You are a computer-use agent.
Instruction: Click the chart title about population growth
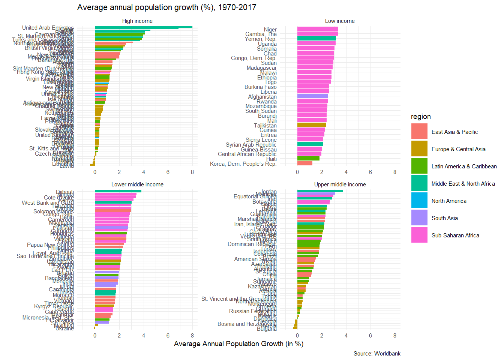[x=166, y=7]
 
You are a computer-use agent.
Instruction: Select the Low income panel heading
[x=340, y=21]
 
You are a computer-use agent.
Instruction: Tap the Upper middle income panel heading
[x=340, y=184]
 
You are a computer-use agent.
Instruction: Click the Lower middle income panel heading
[x=137, y=184]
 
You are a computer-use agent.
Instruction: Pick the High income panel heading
[x=137, y=21]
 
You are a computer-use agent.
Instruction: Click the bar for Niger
[x=317, y=29]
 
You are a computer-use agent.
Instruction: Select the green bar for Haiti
[x=308, y=158]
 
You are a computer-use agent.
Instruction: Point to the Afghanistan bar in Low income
[x=312, y=96]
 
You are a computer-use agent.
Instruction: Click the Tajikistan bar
[x=312, y=125]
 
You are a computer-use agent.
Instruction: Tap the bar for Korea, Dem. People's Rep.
[x=304, y=163]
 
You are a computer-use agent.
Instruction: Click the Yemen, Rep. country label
[x=261, y=39]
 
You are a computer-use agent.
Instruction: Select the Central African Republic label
[x=247, y=154]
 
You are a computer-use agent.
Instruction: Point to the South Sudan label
[x=261, y=111]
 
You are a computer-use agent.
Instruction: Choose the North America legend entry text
[x=449, y=201]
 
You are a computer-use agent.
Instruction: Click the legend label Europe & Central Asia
[x=458, y=149]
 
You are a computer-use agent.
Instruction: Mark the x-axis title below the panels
[x=238, y=344]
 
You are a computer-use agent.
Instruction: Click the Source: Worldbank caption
[x=377, y=354]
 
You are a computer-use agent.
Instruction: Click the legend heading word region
[x=421, y=117]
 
